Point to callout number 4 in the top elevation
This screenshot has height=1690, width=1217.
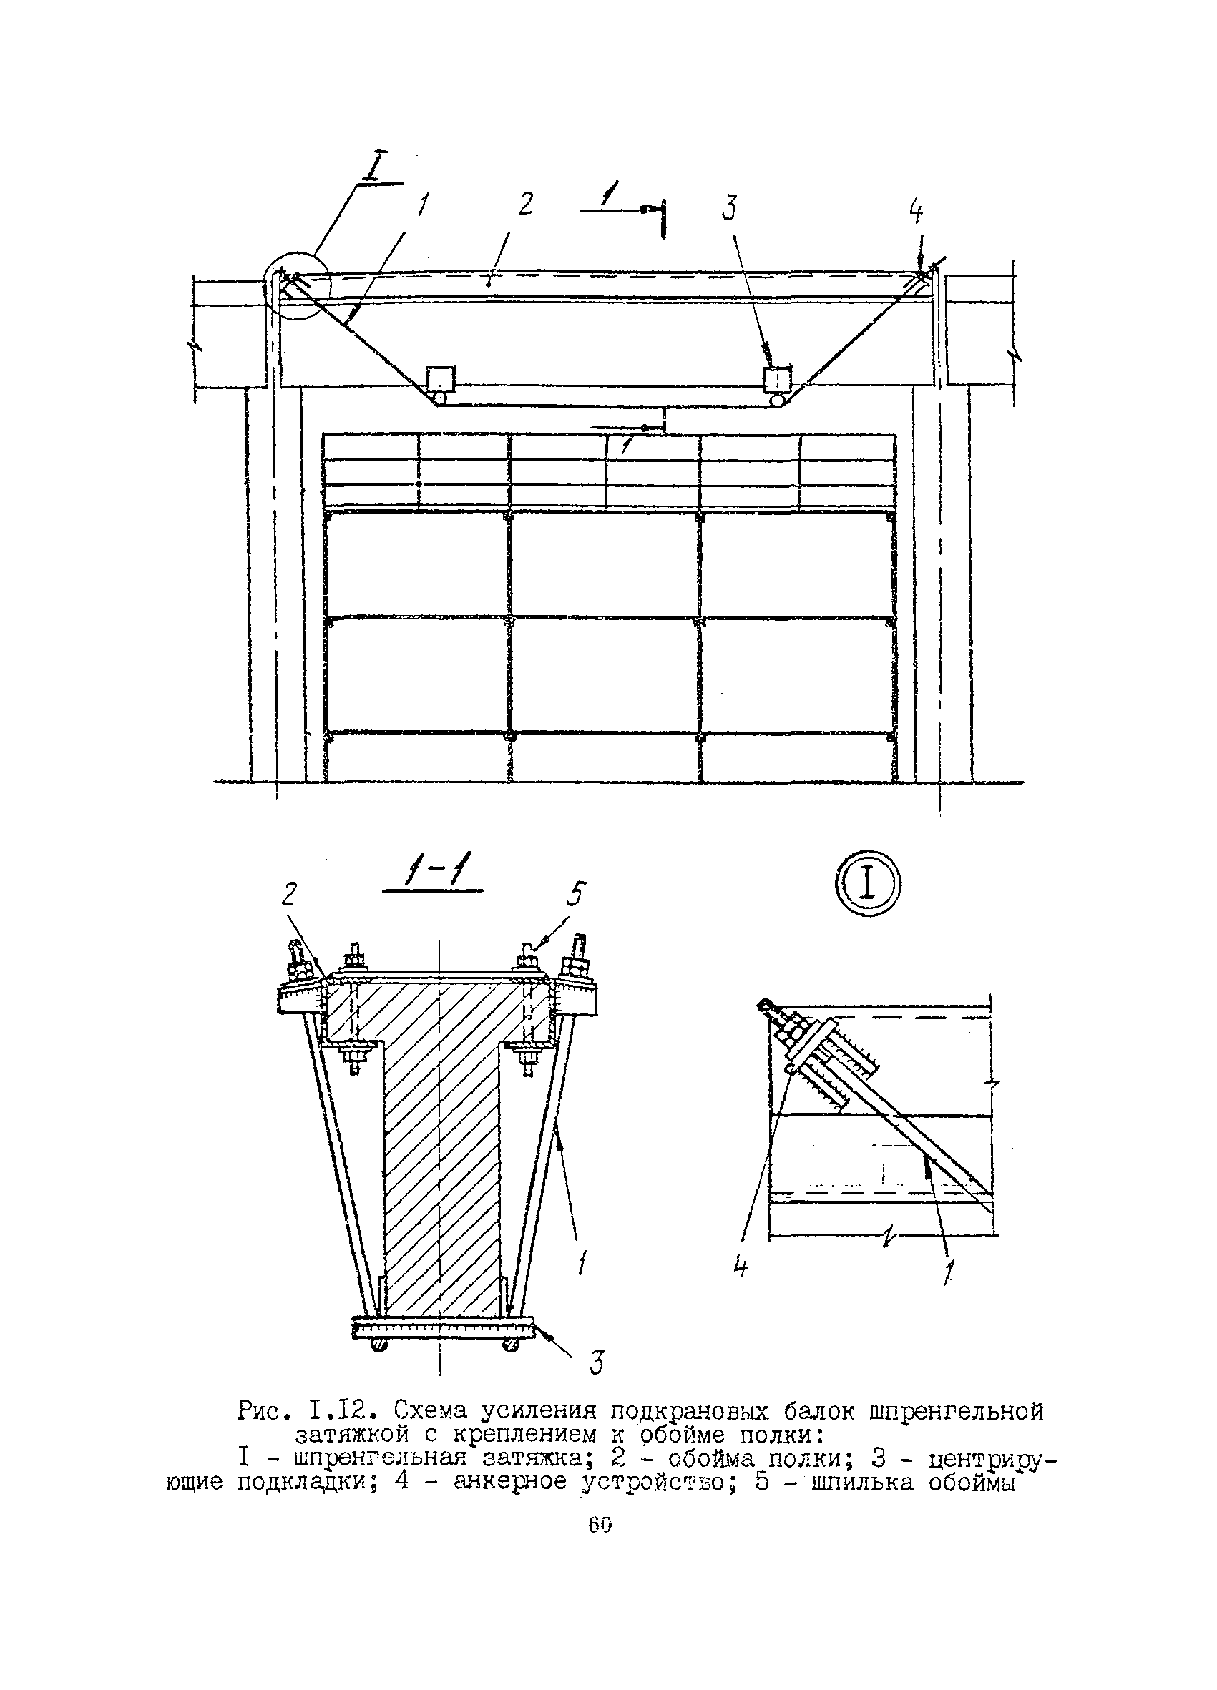tap(916, 213)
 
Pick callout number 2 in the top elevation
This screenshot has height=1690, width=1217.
tap(526, 203)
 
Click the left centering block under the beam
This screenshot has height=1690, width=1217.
tap(439, 379)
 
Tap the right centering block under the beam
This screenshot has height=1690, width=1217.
tap(777, 380)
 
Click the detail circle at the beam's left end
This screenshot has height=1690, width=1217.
tap(296, 286)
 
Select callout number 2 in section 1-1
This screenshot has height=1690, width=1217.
tap(289, 894)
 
